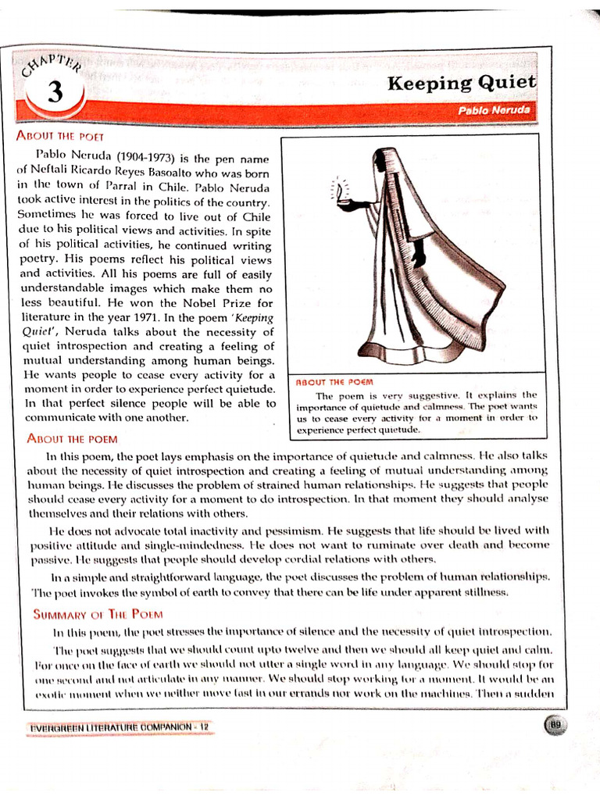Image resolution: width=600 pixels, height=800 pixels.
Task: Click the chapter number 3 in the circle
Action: pos(54,93)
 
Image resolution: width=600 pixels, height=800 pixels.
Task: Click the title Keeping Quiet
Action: pos(462,82)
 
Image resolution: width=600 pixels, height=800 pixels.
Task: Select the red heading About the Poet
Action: pos(60,135)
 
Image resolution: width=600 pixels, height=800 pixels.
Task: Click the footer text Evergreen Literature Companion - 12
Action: pos(120,727)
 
